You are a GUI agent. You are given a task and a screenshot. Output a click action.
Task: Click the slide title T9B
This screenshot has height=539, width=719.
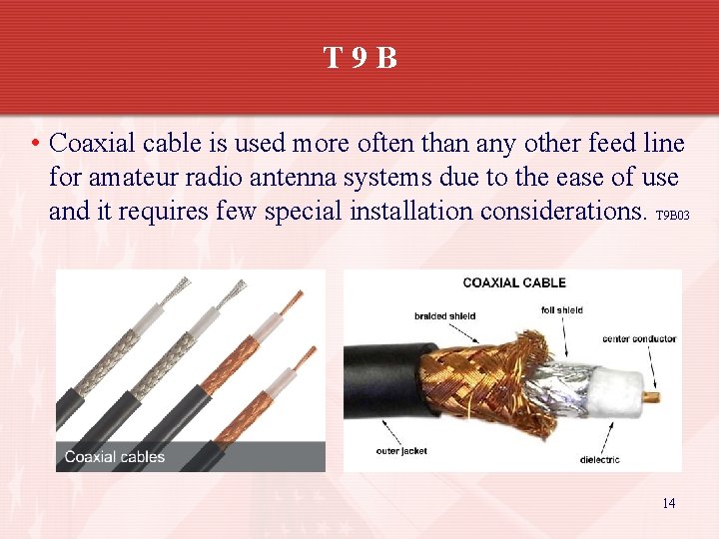point(359,58)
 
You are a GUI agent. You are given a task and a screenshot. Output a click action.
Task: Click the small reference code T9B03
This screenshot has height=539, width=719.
point(673,216)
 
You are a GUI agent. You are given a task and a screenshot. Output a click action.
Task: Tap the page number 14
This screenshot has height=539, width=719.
point(668,503)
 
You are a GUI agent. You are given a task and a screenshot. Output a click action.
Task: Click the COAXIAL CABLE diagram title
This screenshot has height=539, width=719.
point(514,283)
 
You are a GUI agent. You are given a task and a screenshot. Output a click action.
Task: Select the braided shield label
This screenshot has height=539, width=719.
point(444,316)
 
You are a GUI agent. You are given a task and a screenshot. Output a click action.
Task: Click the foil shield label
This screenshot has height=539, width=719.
point(561,310)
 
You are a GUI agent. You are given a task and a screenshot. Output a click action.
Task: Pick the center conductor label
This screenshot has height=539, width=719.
point(638,339)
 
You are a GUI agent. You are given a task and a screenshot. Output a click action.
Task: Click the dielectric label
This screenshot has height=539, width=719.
point(599,459)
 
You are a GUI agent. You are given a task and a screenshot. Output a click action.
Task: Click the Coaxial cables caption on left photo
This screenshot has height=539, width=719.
point(115,457)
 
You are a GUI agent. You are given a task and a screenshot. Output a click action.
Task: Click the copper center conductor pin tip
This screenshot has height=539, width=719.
point(655,397)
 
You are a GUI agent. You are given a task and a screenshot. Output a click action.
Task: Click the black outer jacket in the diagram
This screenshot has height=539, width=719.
point(379,384)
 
